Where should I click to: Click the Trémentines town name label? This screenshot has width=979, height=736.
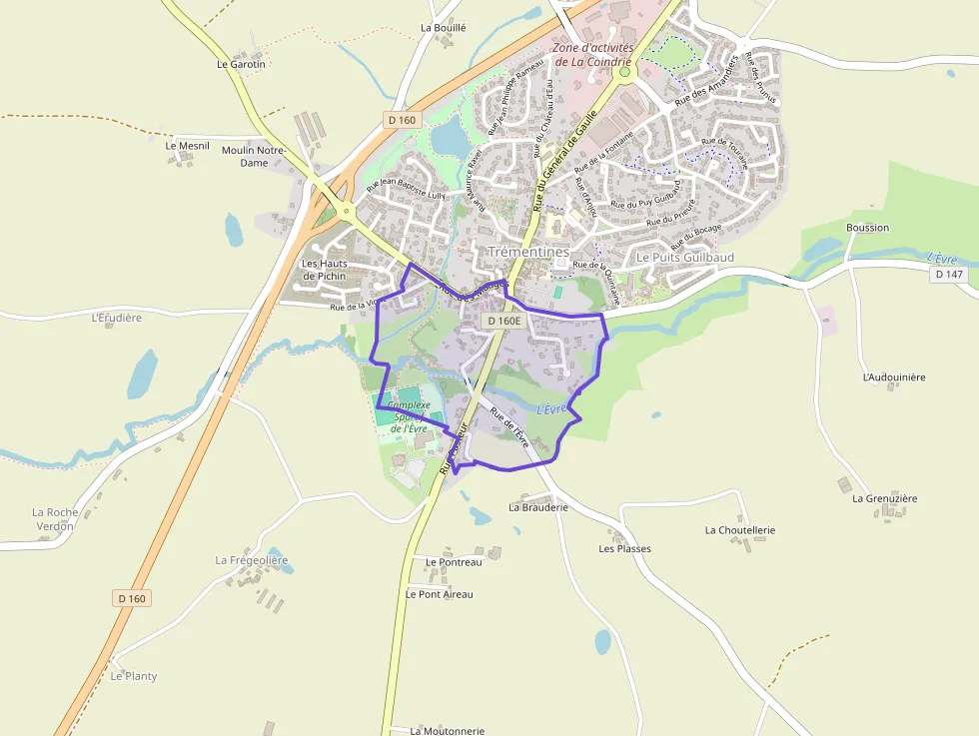528,252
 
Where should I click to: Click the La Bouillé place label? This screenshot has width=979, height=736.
444,28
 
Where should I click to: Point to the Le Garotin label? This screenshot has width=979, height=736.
242,64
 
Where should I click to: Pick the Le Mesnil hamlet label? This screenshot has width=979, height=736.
188,146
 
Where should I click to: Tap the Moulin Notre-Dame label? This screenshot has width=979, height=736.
254,156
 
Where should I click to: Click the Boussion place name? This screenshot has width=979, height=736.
866,228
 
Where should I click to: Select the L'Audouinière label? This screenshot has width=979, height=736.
894,377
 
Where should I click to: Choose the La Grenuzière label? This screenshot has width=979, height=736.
884,498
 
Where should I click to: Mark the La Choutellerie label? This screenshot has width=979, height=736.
740,530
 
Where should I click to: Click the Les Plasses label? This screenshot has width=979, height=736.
624,548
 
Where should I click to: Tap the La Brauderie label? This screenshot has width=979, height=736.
538,507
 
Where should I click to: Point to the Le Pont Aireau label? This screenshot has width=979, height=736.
440,594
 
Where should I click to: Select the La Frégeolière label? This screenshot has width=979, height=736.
252,560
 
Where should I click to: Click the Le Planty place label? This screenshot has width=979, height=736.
134,676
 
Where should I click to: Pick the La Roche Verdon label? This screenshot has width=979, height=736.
55,518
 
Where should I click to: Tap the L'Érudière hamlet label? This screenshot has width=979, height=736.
117,319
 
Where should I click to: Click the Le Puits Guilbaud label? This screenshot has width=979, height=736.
685,258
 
